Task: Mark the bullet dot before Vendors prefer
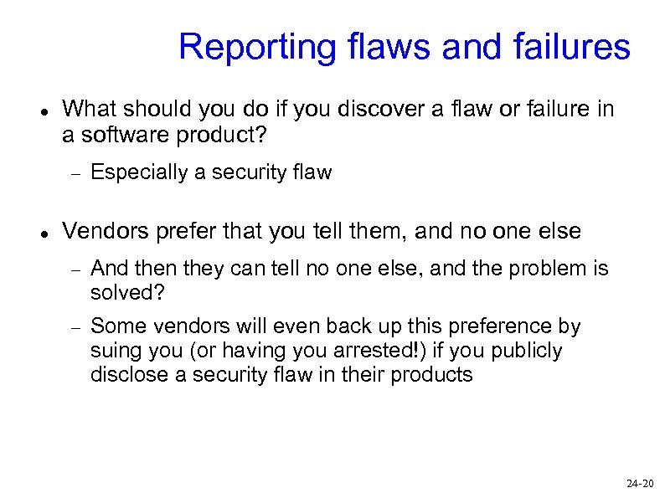point(43,234)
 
